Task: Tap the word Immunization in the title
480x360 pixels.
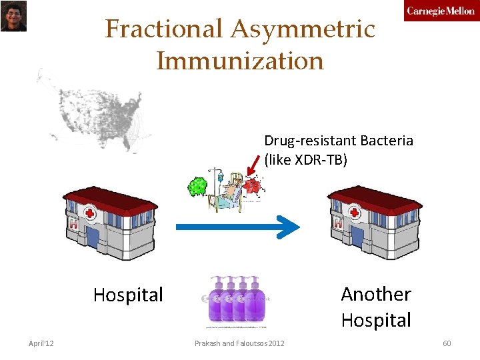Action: pos(240,61)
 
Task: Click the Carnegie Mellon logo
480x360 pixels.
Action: pos(441,11)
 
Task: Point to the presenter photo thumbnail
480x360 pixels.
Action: pos(13,16)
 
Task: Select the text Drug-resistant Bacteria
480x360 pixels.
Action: pos(339,141)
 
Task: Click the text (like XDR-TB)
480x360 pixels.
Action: pos(306,160)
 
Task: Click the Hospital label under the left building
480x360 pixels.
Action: pos(128,295)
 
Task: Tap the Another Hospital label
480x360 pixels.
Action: pos(376,307)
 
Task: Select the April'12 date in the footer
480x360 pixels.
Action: pos(41,343)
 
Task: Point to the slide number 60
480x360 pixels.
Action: pos(447,343)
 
